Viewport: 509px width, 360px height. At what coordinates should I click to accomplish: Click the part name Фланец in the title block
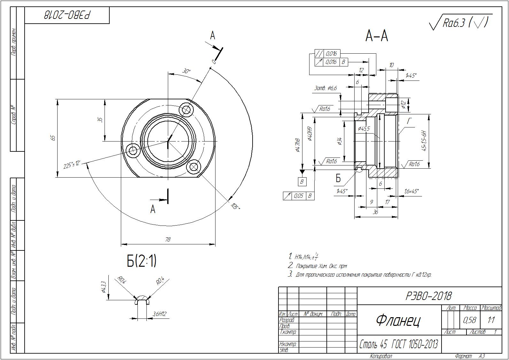398,320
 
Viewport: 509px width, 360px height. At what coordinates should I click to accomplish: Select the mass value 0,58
469,320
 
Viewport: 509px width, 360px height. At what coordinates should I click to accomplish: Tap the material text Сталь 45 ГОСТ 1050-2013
398,344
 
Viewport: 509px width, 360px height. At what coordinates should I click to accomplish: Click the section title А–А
377,36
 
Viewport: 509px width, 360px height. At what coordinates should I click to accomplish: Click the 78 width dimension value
168,240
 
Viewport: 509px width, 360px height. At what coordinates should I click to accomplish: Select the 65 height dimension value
53,138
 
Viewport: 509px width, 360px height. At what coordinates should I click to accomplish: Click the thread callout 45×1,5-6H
424,141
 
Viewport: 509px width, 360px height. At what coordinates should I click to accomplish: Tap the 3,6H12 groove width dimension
159,314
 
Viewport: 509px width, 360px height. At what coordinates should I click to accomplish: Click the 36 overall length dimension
375,212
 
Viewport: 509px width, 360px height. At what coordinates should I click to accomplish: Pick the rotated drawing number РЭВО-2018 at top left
67,15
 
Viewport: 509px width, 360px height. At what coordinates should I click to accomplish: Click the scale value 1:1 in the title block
491,320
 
